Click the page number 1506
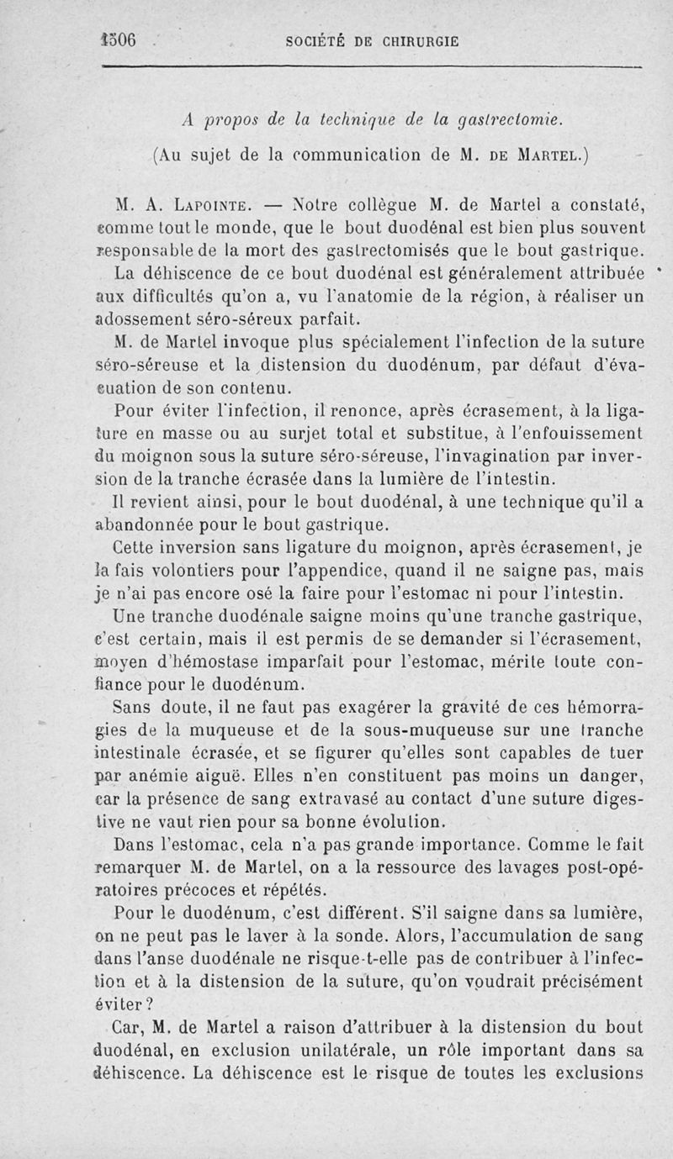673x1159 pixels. tap(117, 40)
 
